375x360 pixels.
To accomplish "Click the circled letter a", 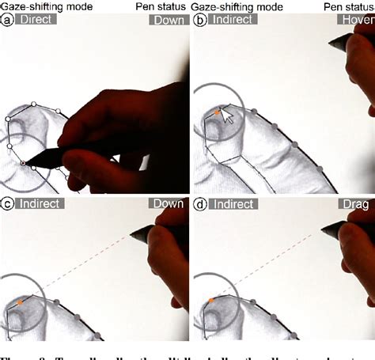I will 7,22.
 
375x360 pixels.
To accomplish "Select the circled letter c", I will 7,203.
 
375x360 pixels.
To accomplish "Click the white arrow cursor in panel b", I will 227,117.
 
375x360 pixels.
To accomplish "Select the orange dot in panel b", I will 215,113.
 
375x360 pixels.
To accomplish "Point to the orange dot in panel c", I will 21,302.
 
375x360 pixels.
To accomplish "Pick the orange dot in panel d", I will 212,301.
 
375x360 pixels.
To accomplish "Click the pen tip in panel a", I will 26,164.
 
